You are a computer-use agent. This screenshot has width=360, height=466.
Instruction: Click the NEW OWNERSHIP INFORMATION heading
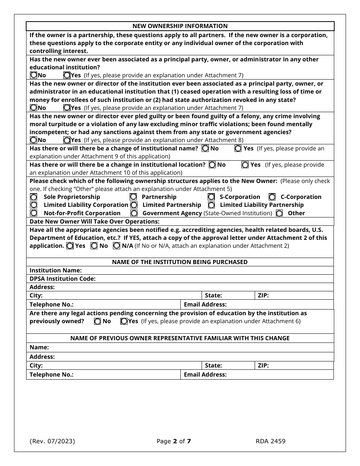[x=180, y=26]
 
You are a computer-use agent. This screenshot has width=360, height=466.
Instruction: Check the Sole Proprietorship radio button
[x=34, y=197]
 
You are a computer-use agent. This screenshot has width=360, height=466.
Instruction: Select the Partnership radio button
[x=133, y=197]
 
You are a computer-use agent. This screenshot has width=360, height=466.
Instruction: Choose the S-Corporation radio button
[x=211, y=197]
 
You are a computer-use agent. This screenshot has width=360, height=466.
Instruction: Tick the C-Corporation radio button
[x=272, y=197]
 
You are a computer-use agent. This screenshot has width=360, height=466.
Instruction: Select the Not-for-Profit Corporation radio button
[x=34, y=213]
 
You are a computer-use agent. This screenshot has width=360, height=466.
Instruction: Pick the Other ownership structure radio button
[x=279, y=213]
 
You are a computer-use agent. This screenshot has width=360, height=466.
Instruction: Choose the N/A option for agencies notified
[x=116, y=246]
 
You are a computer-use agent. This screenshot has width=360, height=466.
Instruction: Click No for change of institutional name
[x=205, y=149]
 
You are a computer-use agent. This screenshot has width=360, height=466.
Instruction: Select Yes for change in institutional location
[x=245, y=165]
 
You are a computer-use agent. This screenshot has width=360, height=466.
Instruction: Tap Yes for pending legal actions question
[x=124, y=321]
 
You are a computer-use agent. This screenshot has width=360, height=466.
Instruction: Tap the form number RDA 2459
[x=271, y=441]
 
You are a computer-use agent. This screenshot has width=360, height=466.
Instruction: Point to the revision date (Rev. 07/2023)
[x=52, y=441]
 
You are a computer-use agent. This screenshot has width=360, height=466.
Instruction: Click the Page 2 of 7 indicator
[x=174, y=441]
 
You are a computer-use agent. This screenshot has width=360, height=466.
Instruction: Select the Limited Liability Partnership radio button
[x=211, y=205]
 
